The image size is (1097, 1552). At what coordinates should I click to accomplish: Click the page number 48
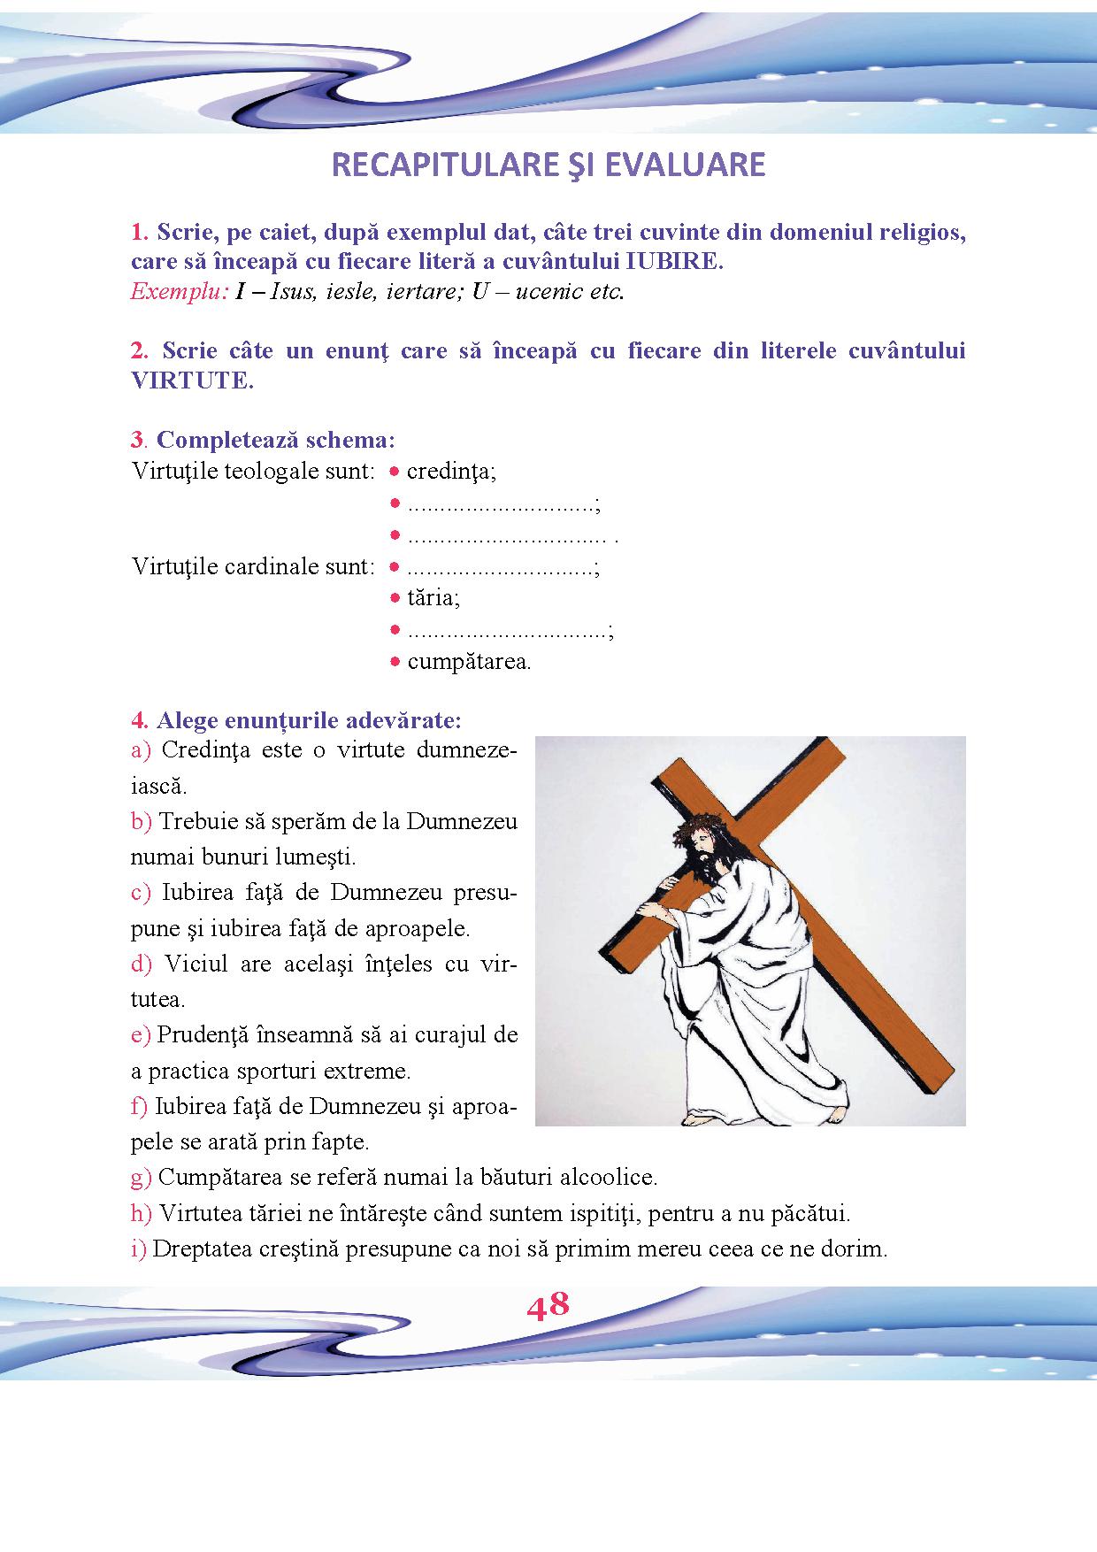point(548,1306)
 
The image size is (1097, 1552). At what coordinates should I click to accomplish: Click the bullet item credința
point(451,472)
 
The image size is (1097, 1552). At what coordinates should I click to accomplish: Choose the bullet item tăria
point(433,598)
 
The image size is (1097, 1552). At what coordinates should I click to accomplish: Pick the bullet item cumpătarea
point(468,662)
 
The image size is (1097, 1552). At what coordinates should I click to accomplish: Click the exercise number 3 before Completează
point(136,440)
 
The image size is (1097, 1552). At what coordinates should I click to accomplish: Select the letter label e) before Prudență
point(142,1034)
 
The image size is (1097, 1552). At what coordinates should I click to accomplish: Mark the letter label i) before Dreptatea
point(139,1249)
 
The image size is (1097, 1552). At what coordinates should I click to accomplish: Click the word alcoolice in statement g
point(612,1178)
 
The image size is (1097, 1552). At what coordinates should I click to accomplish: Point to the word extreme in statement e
point(372,1071)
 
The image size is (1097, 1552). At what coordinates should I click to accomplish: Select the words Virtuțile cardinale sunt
point(253,566)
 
